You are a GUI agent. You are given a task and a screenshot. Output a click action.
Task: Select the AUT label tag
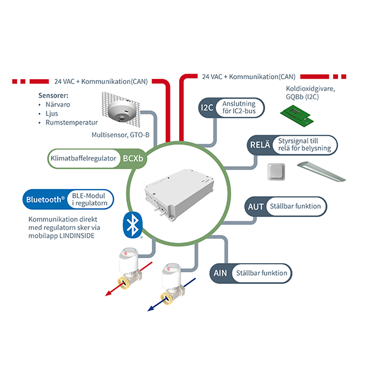pyautogui.click(x=255, y=206)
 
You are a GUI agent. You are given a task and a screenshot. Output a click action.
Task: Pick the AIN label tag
pyautogui.click(x=220, y=273)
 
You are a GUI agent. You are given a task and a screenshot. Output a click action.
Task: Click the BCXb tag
pyautogui.click(x=133, y=159)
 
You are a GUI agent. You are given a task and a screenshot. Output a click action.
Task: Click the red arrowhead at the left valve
pyautogui.click(x=108, y=293)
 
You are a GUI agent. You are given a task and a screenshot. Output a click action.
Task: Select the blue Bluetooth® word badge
pyautogui.click(x=44, y=199)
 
